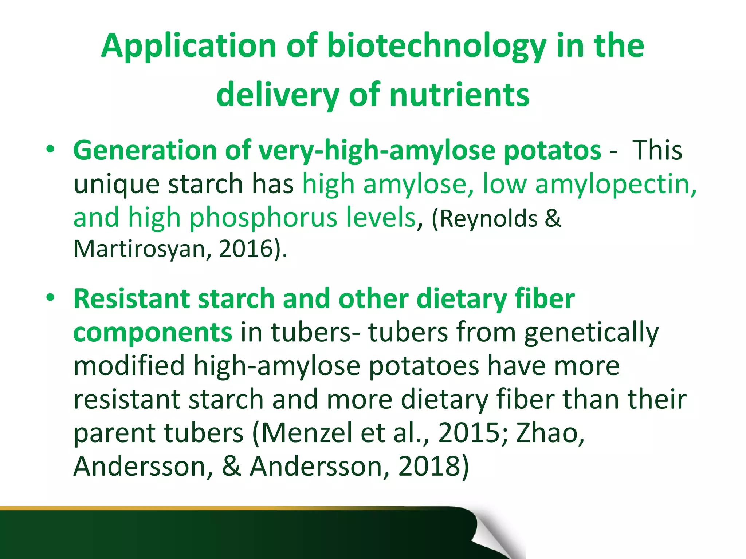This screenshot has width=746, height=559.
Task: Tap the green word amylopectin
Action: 616,184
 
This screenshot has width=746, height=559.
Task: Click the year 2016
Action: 246,249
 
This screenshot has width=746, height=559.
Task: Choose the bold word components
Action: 153,332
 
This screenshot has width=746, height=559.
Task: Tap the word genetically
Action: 591,332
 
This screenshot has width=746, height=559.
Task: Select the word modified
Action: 129,365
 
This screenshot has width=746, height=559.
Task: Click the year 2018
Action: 430,466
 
